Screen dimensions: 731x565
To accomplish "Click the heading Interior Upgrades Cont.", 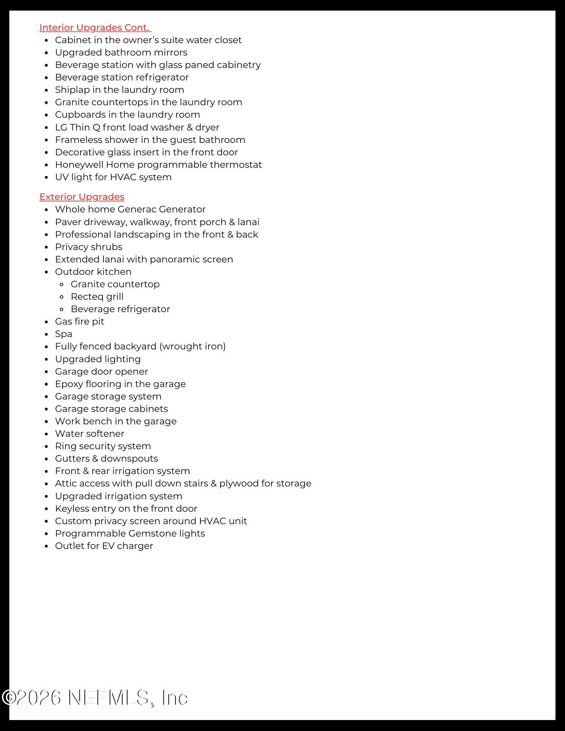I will tap(95, 28).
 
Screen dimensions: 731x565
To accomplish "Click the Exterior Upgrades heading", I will tap(82, 197).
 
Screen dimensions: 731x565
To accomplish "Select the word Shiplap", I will tap(72, 90).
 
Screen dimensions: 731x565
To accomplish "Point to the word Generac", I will tap(136, 209).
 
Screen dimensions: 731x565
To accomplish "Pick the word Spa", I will tap(64, 334).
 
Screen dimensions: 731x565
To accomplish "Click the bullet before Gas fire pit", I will tap(46, 322).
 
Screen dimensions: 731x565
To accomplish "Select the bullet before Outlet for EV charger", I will tap(46, 546).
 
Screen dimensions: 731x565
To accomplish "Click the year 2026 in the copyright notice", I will tap(39, 697).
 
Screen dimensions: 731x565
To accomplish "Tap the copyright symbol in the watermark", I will tap(8, 697).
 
